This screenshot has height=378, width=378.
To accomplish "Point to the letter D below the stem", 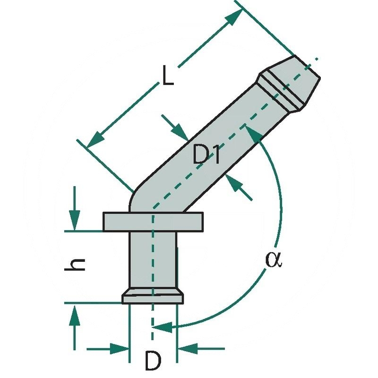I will [x=153, y=361].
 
